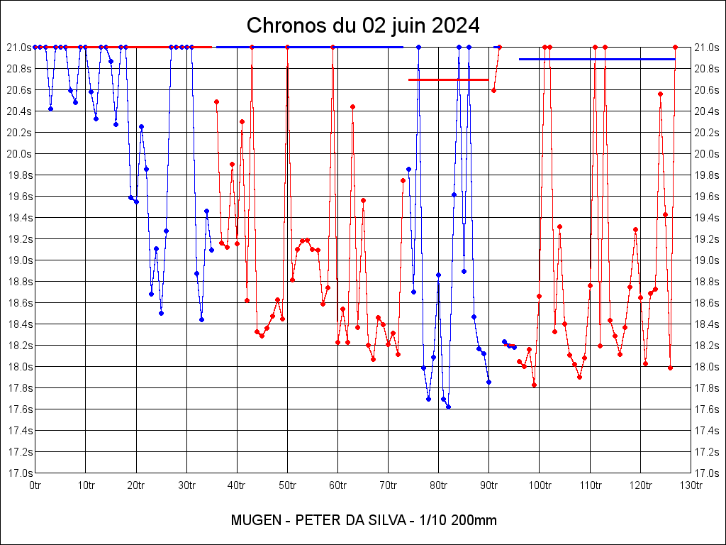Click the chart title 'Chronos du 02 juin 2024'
coord(363,26)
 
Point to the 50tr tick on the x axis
coord(287,485)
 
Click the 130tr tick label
coord(691,485)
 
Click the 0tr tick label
coord(35,485)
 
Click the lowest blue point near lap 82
coord(448,407)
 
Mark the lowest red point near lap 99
coord(534,385)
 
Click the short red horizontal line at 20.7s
coord(448,79)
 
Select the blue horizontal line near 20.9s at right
coord(597,59)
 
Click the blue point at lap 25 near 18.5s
coord(161,313)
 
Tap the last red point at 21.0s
coord(675,47)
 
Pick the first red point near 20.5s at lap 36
coord(216,101)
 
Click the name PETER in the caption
coord(316,520)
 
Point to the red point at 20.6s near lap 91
coord(493,90)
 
